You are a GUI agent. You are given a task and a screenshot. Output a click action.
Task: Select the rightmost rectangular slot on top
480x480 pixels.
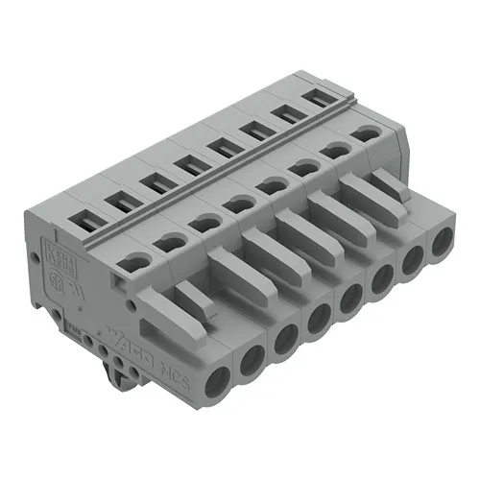(x=314, y=98)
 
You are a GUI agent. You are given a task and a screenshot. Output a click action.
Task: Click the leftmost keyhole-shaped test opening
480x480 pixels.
(x=136, y=257)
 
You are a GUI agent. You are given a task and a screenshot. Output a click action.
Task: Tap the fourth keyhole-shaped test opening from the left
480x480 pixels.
(x=234, y=204)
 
